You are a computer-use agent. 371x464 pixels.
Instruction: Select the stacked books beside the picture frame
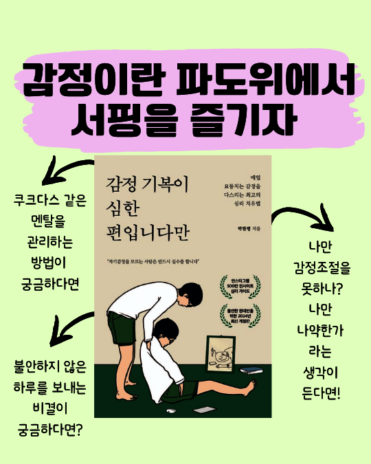254,372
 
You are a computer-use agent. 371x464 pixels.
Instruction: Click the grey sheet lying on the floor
204,410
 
